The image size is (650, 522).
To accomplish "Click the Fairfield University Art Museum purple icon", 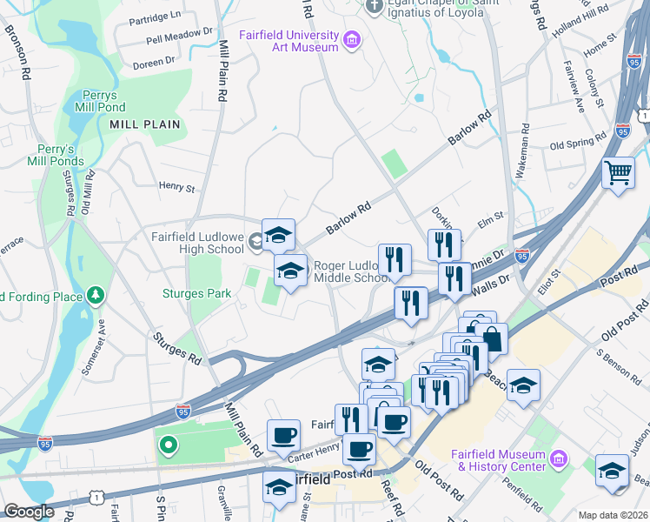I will (352, 39).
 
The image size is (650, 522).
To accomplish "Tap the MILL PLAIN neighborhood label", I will (145, 124).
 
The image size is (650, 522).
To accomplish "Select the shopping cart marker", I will (618, 172).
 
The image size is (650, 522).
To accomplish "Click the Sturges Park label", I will (196, 294).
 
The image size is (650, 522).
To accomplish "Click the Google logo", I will (29, 512).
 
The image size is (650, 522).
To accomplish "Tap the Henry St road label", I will (177, 186).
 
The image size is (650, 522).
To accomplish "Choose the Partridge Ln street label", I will (154, 15).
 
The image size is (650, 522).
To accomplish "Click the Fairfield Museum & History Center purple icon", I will (559, 458).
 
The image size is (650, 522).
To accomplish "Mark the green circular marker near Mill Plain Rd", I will (167, 447).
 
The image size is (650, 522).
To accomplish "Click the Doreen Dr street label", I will (154, 63).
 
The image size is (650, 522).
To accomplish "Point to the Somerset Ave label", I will (94, 345).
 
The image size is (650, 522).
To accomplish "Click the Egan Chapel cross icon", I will (374, 7).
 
